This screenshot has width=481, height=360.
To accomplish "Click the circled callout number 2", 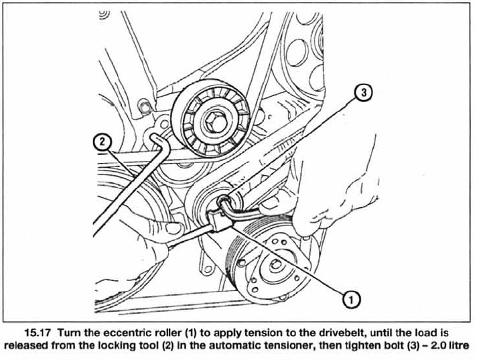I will (x=102, y=141).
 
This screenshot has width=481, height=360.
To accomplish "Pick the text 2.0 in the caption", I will (x=436, y=346).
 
